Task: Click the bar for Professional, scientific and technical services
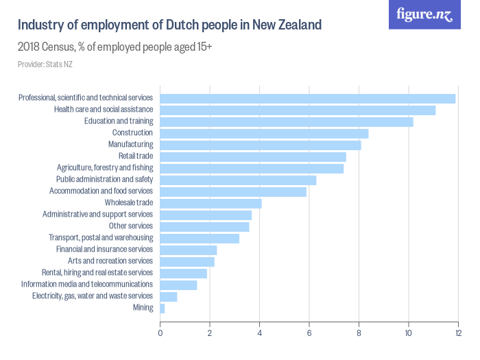coord(307,98)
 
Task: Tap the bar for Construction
coord(264,133)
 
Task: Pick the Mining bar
coord(163,308)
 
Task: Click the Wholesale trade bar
coord(211,203)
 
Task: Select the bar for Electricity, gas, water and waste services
coord(169,296)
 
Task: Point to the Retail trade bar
coord(253,156)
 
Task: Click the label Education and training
coord(118,121)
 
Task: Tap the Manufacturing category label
coord(130,145)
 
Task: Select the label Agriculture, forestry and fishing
coord(105,168)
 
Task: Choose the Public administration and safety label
coord(104,180)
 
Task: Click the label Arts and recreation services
coord(110,261)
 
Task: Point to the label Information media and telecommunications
coord(87,285)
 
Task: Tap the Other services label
coord(130,226)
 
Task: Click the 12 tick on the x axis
coord(457,333)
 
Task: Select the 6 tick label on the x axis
coord(309,333)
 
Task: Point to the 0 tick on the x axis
coord(160,333)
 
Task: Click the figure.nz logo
coord(424,15)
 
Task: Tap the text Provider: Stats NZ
coord(45,64)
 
